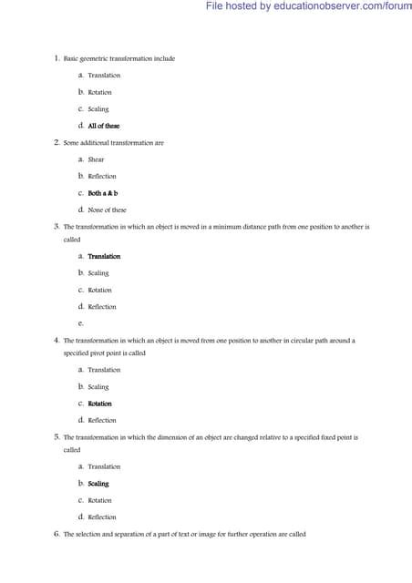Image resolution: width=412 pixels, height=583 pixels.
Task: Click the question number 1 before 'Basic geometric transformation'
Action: pyautogui.click(x=57, y=58)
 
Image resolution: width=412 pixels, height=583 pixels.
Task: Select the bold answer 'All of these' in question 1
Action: pyautogui.click(x=103, y=126)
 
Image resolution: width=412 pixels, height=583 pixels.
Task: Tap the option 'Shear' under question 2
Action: pyautogui.click(x=96, y=159)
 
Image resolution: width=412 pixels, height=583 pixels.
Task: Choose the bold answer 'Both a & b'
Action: pyautogui.click(x=102, y=193)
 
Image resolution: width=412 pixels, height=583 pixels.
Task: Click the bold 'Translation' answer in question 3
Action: pyautogui.click(x=104, y=256)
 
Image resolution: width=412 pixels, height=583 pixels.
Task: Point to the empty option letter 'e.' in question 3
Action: pyautogui.click(x=81, y=322)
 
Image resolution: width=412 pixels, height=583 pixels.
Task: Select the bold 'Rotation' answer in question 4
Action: pyautogui.click(x=99, y=404)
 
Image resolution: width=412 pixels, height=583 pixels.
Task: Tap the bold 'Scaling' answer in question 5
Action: pyautogui.click(x=98, y=484)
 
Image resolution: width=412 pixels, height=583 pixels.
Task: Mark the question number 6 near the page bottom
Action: pyautogui.click(x=57, y=534)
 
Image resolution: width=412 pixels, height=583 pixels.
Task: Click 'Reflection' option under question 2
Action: pyautogui.click(x=101, y=176)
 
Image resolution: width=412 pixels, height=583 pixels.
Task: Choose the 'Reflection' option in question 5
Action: pyautogui.click(x=101, y=517)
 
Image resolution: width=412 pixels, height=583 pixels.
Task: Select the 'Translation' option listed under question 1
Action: pyautogui.click(x=104, y=75)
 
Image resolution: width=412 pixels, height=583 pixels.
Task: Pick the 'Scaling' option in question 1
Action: pyautogui.click(x=98, y=109)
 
